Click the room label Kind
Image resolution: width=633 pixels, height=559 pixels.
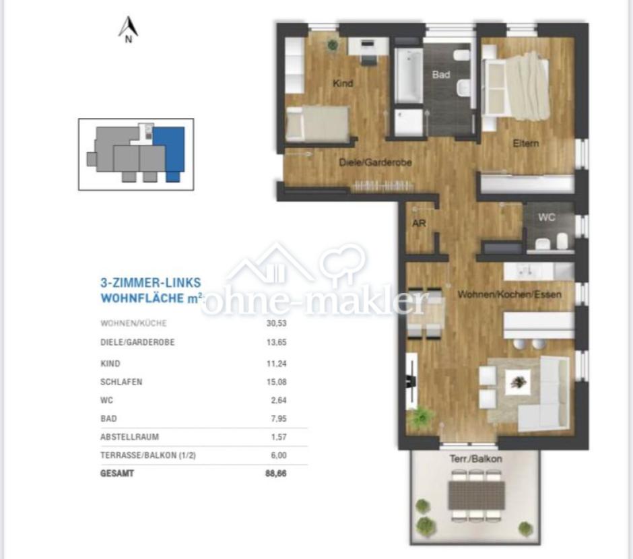coord(343,83)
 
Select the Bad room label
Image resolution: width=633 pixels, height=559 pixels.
coord(441,75)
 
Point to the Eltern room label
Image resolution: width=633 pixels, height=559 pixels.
coord(526,143)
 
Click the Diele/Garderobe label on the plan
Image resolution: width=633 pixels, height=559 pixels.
coord(376,162)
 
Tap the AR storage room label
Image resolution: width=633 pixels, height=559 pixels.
coord(419,223)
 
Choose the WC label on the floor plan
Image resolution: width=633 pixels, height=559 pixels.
coord(547,217)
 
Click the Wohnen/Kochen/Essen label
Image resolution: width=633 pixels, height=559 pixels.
coord(510,294)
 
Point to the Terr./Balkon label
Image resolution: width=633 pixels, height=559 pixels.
coord(476,459)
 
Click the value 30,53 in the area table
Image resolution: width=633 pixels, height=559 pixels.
coord(277,323)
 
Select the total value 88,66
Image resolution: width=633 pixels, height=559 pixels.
coord(276,473)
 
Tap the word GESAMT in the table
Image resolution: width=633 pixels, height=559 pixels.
coord(117,473)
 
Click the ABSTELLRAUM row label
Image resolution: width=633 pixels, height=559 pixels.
coord(129,436)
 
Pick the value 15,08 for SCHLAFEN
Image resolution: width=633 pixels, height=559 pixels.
coord(277,382)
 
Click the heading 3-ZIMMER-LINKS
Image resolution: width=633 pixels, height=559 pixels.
coord(151,282)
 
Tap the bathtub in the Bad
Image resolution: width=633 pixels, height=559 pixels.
coord(408,75)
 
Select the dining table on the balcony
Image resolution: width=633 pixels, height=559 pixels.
coord(477,495)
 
